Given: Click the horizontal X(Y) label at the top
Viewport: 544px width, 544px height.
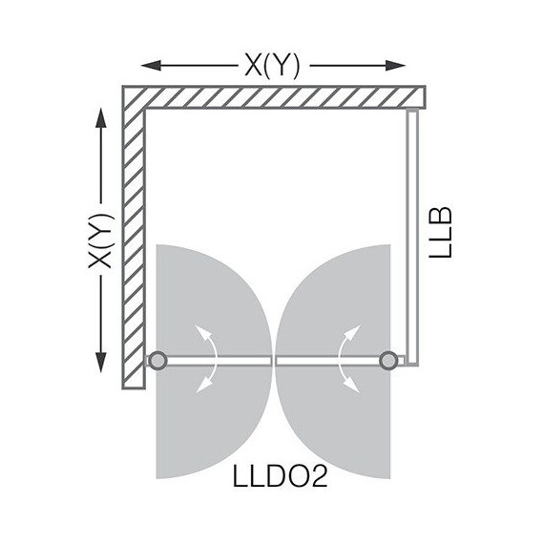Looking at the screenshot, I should [x=271, y=64].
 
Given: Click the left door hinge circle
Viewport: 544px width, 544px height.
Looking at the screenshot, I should [x=157, y=360].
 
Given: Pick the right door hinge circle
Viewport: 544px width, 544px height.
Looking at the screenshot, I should [x=388, y=360].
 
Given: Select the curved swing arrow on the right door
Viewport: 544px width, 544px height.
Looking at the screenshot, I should [x=348, y=358].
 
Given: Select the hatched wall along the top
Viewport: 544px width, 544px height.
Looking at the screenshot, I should [x=277, y=97].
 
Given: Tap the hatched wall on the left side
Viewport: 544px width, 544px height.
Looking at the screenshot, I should [x=133, y=239].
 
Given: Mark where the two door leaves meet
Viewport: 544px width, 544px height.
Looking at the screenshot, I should [x=273, y=360].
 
